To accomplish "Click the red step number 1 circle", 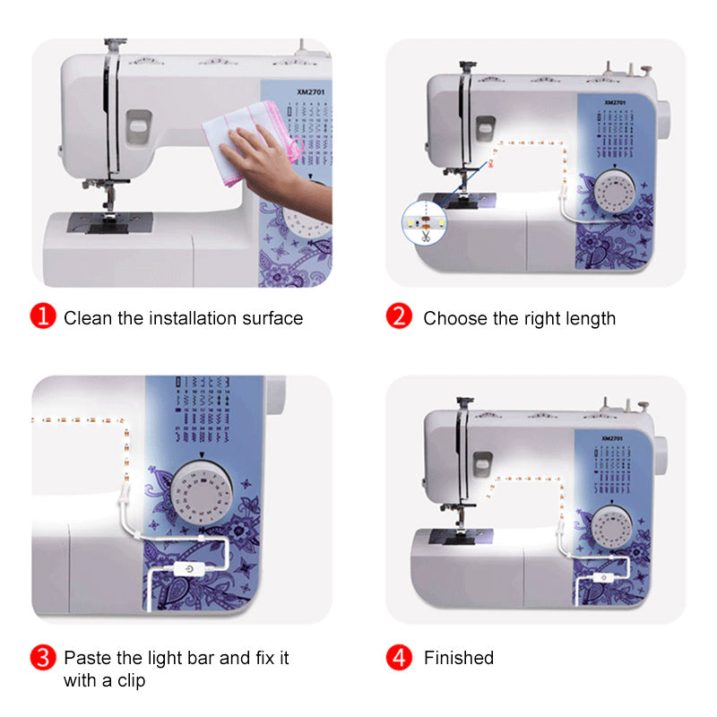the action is tap(43, 316).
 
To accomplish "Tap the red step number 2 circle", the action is tap(399, 316).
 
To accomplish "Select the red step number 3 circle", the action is tap(43, 658).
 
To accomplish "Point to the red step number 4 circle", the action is tap(399, 658).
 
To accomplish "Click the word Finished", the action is tap(459, 658).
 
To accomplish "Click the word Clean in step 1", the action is tap(88, 318).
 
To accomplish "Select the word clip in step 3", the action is tap(131, 681).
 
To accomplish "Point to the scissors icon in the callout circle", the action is tap(426, 236).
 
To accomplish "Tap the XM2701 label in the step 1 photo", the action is tap(310, 92).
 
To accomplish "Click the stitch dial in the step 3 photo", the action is tap(201, 492).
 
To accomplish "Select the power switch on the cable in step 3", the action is tap(188, 569).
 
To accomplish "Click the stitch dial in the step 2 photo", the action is tap(615, 191).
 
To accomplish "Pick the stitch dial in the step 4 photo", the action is tap(612, 526).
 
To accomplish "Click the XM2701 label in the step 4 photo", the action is tap(612, 438).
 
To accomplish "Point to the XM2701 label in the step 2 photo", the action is tap(615, 102).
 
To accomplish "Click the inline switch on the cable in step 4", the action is tap(603, 577).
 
